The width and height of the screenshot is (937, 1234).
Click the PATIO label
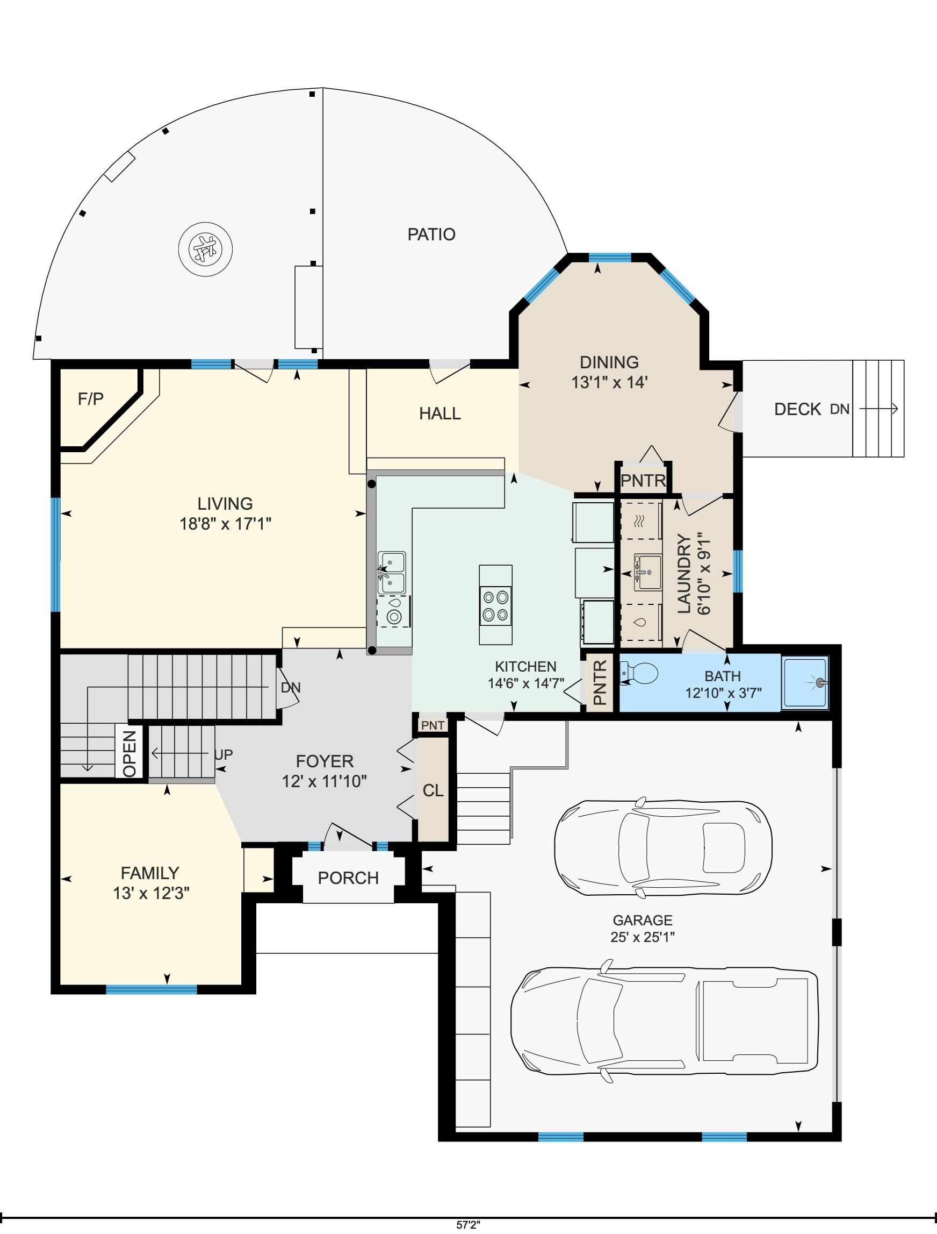tap(431, 234)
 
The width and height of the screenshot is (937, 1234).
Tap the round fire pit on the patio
tap(205, 249)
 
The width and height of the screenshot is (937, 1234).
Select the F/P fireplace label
tap(90, 398)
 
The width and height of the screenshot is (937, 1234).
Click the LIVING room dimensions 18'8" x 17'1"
tap(225, 524)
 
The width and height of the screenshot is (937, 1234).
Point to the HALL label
tap(440, 413)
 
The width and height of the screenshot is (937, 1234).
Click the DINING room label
tap(609, 362)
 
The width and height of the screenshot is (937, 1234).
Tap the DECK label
tap(797, 409)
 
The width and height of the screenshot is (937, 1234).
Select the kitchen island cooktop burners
tap(495, 605)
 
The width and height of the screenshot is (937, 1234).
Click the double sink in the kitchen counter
tap(392, 573)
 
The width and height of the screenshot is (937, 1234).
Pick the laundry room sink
tap(647, 572)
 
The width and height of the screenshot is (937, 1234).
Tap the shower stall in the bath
tap(805, 682)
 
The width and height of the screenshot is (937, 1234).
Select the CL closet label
tap(433, 790)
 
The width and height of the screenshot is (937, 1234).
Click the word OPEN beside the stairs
tap(129, 753)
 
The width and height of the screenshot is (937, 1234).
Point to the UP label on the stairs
tap(224, 754)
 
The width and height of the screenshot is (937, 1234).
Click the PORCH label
tap(348, 878)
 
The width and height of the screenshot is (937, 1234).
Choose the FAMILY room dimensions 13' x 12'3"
tap(151, 894)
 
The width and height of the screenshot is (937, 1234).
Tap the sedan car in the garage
tap(663, 848)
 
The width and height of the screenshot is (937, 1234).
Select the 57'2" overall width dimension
tap(468, 1223)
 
